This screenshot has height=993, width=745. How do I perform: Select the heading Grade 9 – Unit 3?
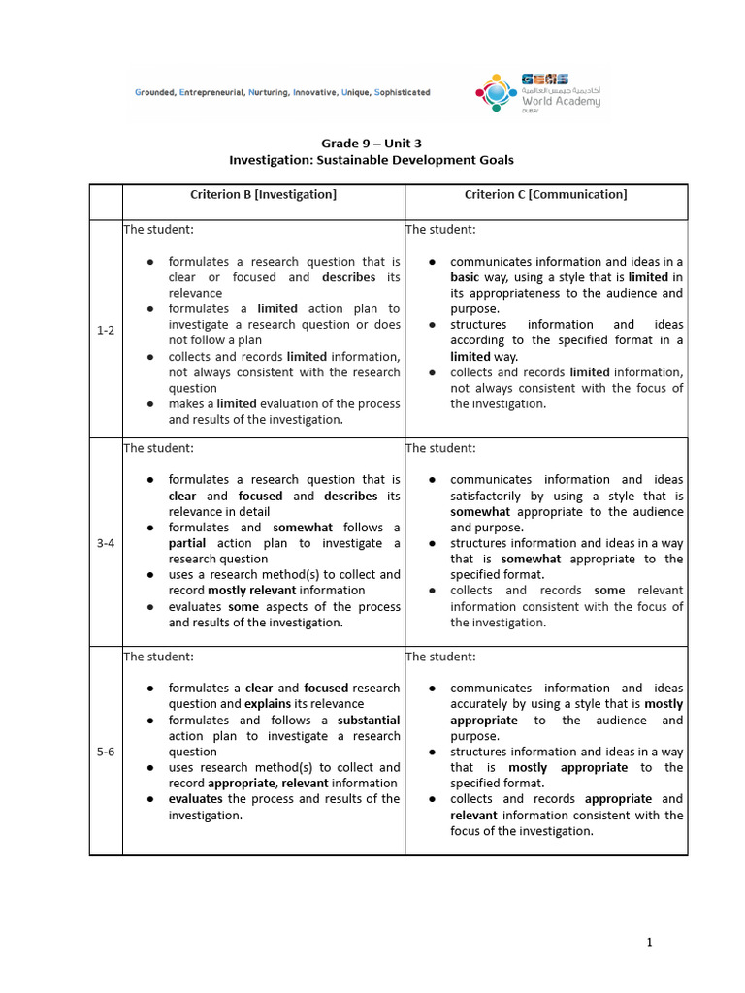371,143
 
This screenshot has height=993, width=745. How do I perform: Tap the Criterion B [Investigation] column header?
263,195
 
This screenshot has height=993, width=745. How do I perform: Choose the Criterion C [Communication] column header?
545,195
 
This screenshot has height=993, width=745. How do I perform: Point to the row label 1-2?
106,330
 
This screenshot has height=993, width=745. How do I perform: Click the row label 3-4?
106,543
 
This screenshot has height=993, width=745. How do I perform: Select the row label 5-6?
106,752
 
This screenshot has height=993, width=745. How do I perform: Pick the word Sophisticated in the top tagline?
396,93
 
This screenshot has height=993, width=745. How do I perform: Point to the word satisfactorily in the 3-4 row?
488,496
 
